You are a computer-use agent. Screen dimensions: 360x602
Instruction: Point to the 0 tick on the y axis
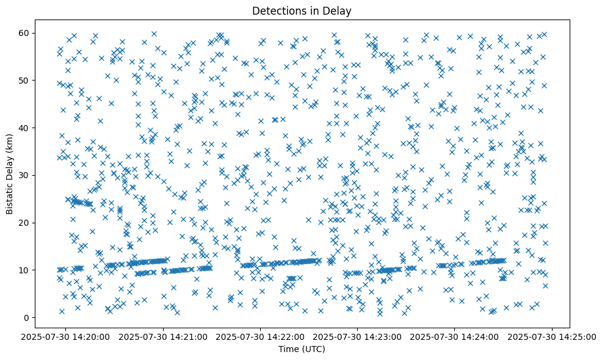coord(27,317)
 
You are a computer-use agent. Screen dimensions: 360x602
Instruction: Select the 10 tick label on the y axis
coord(25,270)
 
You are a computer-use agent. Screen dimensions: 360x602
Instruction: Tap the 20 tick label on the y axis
coord(25,223)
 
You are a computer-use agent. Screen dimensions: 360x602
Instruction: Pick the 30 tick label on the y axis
coord(25,175)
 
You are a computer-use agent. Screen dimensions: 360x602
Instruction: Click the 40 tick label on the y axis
coord(25,128)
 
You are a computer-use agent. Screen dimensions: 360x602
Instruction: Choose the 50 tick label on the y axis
coord(25,80)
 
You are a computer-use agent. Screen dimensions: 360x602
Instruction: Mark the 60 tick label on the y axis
coord(25,32)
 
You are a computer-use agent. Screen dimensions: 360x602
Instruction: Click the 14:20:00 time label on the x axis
coord(67,336)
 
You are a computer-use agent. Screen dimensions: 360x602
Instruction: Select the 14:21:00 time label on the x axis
coord(164,336)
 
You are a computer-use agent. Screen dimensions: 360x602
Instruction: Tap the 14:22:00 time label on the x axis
coord(261,336)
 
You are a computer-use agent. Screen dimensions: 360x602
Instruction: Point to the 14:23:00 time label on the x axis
coord(358,336)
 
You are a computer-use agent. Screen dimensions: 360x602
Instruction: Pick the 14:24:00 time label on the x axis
coord(455,336)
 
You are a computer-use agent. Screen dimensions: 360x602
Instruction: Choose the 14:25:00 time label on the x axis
coord(553,336)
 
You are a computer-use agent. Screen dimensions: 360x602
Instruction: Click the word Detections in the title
coord(278,10)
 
